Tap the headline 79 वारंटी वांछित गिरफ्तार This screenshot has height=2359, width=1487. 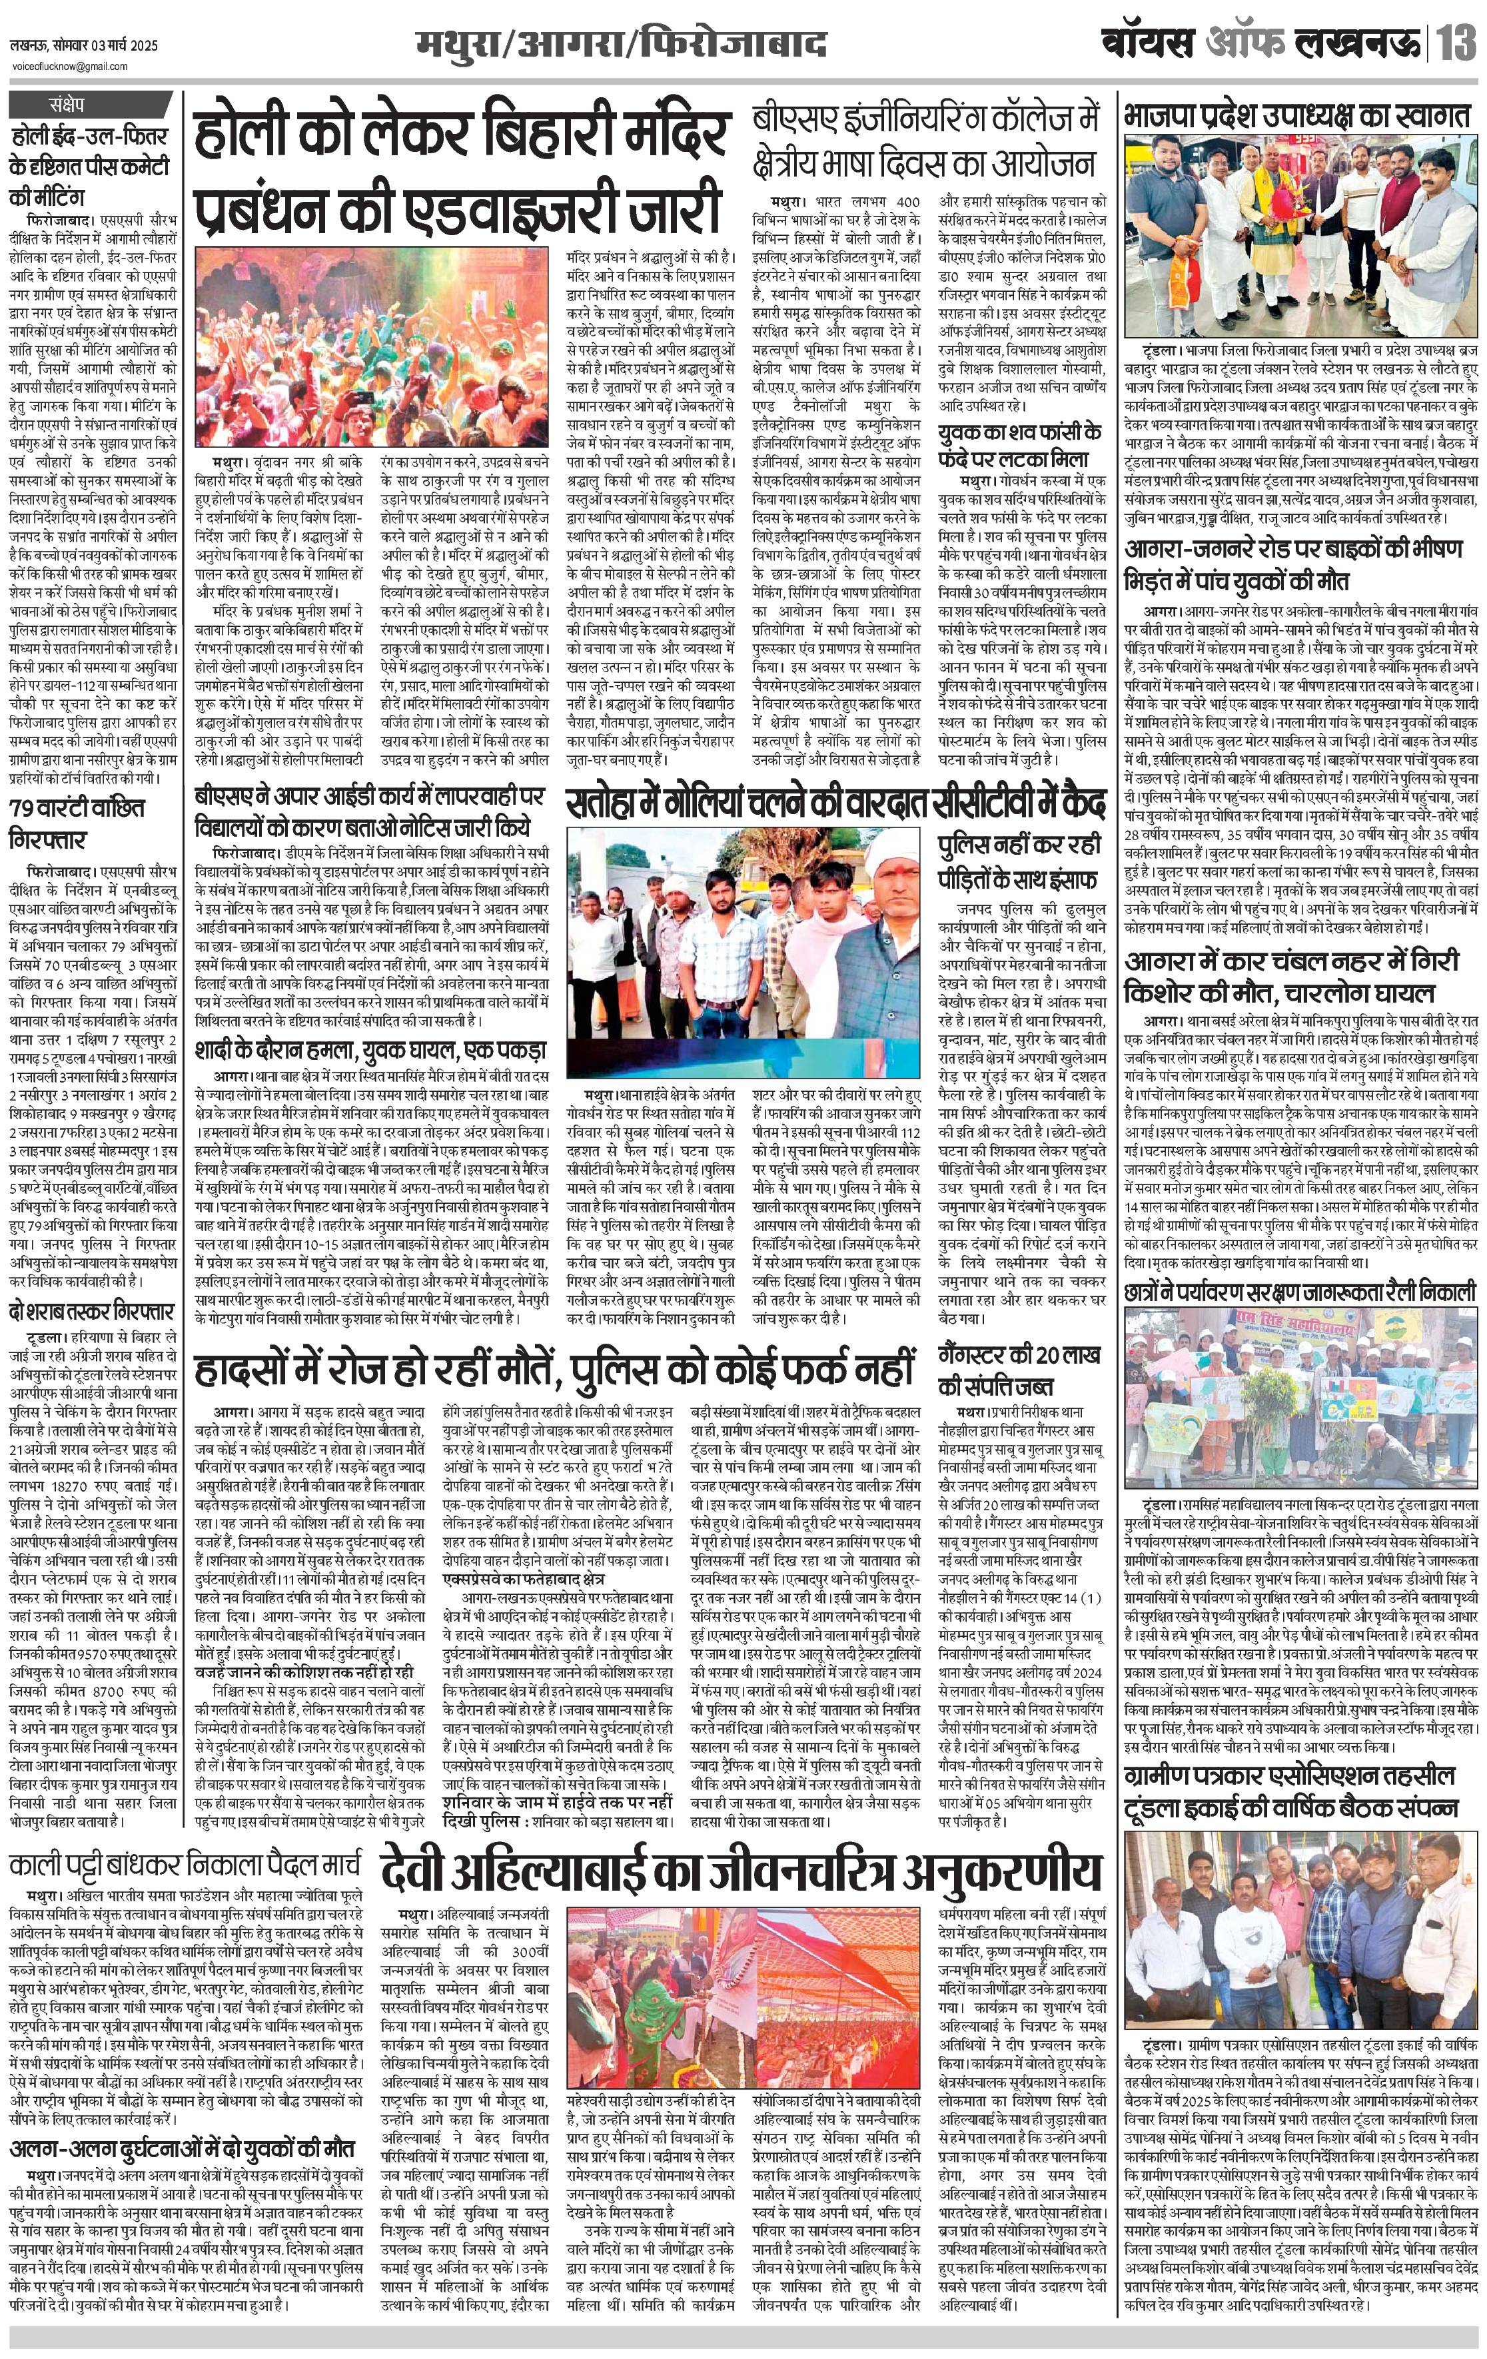tap(79, 824)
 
